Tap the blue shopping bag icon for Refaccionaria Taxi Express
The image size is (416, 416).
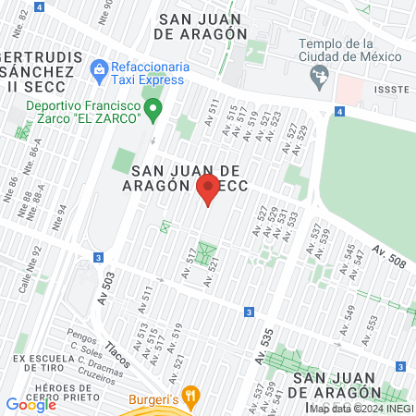(x=98, y=67)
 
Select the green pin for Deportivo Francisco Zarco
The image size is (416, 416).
(x=155, y=111)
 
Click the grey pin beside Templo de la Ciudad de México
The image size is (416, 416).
(x=321, y=77)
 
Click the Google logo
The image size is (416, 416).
(x=31, y=404)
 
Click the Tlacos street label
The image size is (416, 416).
(x=117, y=351)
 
